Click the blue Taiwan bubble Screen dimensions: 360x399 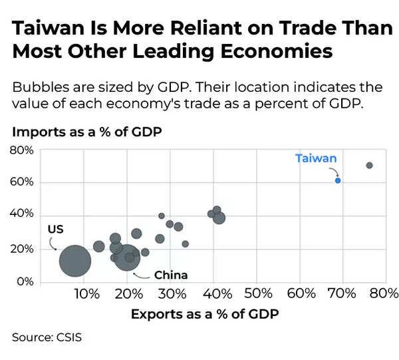338,180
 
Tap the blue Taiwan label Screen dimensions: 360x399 316,158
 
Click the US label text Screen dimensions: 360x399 55,229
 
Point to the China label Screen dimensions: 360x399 171,275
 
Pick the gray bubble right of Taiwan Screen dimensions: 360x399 369,165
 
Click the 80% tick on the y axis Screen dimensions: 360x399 21,150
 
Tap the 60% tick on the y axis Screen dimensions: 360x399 21,182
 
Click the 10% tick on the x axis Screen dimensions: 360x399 83,293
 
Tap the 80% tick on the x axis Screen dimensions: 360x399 384,293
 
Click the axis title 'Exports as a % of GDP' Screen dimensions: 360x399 205,314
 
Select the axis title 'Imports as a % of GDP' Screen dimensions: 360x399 86,132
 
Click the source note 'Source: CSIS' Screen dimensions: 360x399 47,337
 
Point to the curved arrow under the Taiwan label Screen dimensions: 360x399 332,170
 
